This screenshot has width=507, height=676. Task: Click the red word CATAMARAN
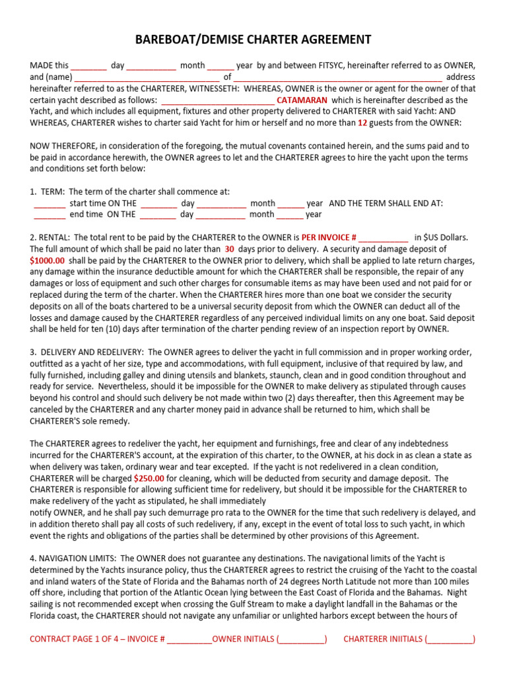[300, 100]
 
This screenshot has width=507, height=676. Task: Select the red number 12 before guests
[362, 123]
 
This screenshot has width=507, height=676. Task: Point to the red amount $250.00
[149, 478]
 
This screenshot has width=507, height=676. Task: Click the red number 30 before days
[230, 249]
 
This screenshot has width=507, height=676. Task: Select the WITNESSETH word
[197, 88]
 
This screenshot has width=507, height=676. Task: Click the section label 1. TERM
[47, 191]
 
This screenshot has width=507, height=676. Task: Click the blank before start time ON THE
[50, 203]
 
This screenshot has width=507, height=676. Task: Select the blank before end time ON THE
[50, 214]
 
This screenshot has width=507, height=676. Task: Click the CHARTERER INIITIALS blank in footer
[450, 639]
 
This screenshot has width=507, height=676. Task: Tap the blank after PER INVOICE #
[384, 237]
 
